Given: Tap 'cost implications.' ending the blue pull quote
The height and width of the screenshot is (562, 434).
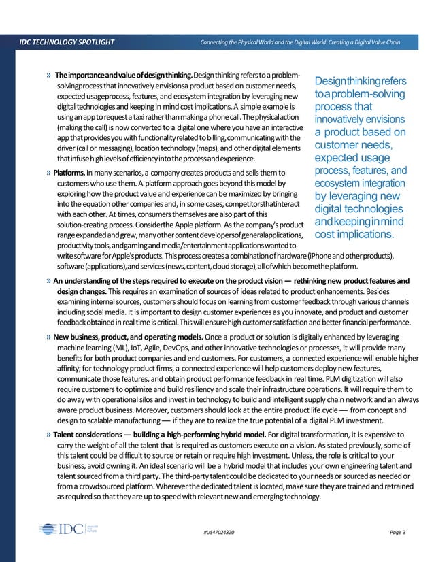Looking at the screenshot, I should coord(354,235).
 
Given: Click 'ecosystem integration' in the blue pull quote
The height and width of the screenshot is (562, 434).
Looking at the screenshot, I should coord(359,184).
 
